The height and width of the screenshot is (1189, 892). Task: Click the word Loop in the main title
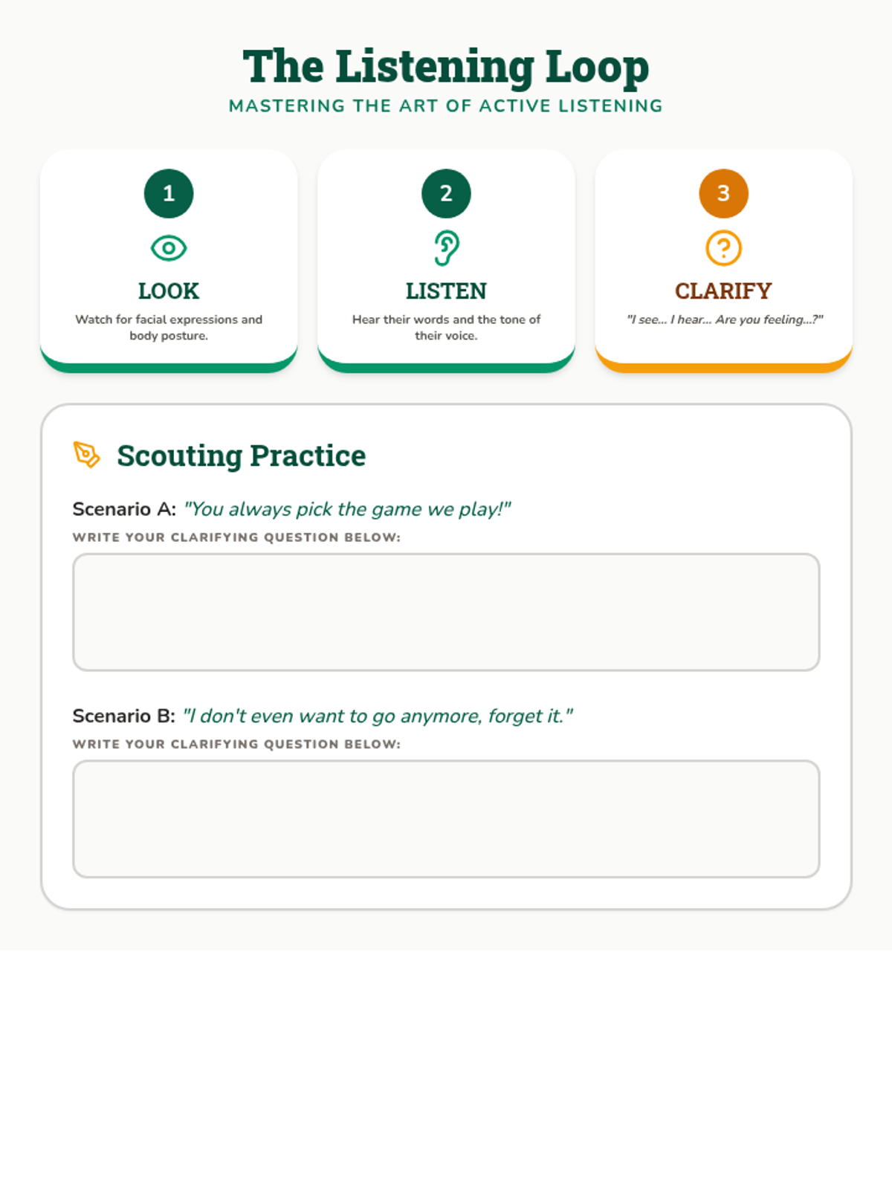pos(597,68)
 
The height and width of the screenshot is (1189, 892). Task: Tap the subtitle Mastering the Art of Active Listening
pos(446,106)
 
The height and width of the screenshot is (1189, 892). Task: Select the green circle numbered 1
pos(169,193)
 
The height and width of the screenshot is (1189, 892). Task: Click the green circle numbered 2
pos(446,193)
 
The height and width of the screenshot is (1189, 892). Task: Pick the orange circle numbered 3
pos(723,193)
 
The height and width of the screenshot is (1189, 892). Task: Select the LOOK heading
pos(169,291)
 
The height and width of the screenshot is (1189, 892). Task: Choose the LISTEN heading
pos(446,291)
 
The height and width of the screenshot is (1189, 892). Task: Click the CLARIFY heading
pos(723,291)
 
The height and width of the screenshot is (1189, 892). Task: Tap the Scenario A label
pos(125,509)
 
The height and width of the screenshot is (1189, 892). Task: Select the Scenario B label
pos(124,716)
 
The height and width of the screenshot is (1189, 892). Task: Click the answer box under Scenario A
pos(446,612)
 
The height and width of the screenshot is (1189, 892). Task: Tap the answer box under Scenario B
pos(446,819)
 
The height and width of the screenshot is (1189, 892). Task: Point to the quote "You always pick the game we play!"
pos(347,510)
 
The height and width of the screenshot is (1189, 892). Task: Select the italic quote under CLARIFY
pos(725,320)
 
